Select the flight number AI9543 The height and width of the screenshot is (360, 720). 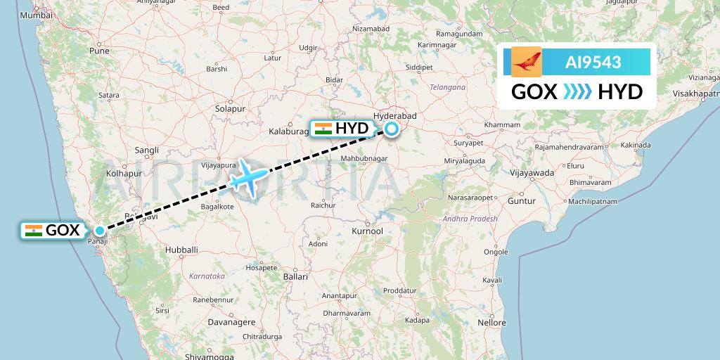[x=593, y=62]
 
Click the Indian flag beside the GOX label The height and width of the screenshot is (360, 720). [x=33, y=230]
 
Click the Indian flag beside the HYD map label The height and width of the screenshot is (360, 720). [x=323, y=129]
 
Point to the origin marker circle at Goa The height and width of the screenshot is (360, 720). [x=101, y=230]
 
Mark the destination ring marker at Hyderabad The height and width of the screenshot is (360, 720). [x=390, y=129]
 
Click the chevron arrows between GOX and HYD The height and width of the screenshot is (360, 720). [x=577, y=91]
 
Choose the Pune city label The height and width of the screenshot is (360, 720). [x=99, y=51]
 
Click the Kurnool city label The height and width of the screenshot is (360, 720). [x=367, y=231]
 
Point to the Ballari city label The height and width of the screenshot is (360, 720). [x=295, y=277]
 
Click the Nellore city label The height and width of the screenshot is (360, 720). [x=491, y=323]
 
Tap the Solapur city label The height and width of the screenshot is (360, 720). [x=230, y=109]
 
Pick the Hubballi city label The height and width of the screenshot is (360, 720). [x=181, y=250]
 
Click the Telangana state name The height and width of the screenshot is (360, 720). [x=447, y=87]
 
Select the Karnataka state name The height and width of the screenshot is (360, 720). [x=207, y=276]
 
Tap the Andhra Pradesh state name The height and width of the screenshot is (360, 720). [x=470, y=219]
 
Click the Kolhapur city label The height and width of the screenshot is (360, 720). [x=124, y=173]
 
